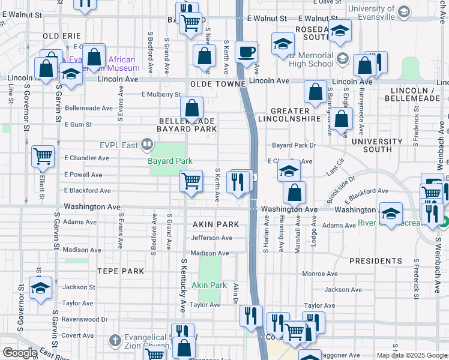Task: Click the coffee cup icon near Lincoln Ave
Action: [246, 52]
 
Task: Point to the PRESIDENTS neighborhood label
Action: [376, 261]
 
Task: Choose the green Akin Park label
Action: [209, 285]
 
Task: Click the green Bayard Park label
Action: [170, 161]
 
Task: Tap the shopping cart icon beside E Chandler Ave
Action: [43, 157]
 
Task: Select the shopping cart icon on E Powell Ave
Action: [191, 180]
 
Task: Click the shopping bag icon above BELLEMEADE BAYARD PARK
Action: [192, 109]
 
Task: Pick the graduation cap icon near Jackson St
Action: [40, 288]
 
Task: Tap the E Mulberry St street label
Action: [161, 94]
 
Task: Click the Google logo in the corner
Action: [20, 353]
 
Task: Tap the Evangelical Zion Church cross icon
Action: [115, 341]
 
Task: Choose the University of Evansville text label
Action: [372, 9]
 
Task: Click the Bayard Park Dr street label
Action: [294, 145]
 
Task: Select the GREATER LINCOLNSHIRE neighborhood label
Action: [290, 115]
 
